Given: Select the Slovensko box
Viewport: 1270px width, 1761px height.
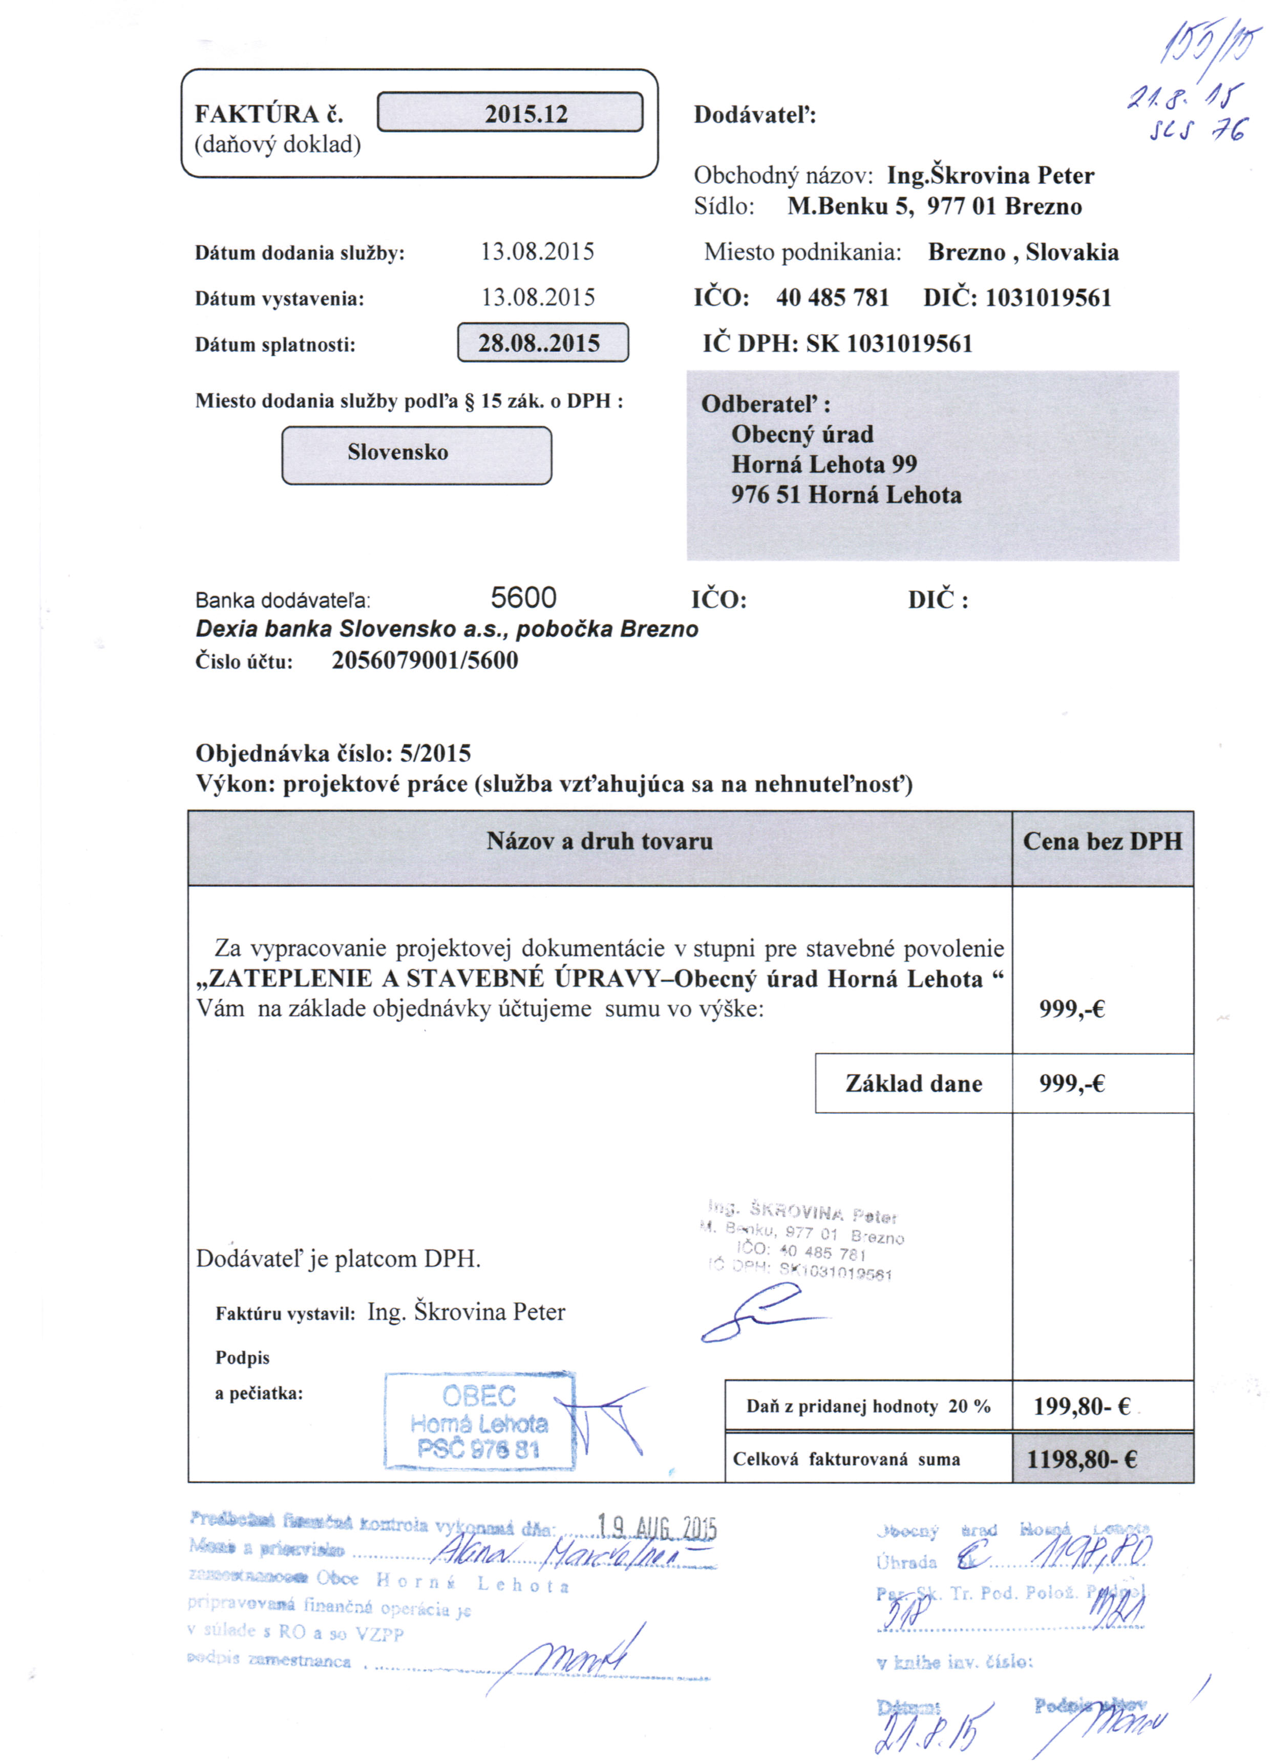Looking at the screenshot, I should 416,454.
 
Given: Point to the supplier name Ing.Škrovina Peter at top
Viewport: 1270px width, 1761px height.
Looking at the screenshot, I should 990,175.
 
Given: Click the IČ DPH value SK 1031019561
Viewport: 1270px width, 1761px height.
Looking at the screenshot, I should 889,343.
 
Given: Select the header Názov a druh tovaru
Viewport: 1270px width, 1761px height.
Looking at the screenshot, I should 599,842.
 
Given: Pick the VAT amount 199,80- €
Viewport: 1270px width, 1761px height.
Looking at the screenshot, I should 1082,1406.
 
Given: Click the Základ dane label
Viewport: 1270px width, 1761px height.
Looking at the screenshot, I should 913,1084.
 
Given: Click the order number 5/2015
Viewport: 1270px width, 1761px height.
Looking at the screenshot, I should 435,753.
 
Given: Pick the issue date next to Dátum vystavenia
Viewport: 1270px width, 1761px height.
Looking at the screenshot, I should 537,297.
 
